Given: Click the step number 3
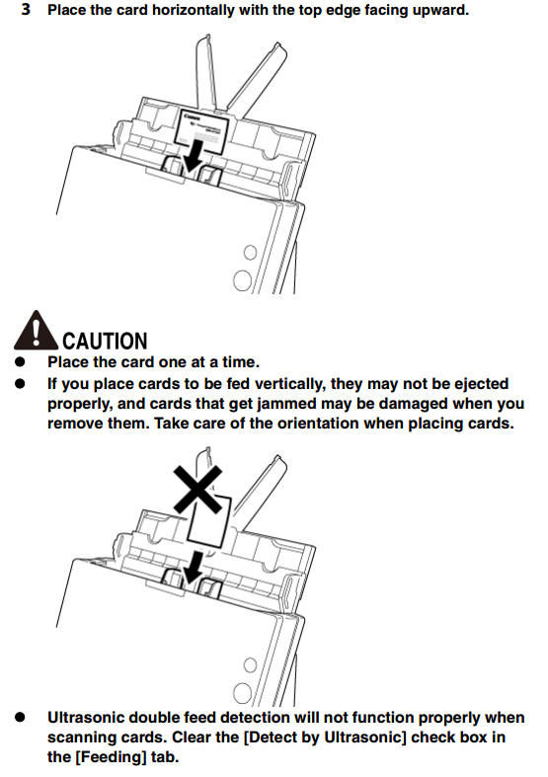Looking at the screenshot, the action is [26, 9].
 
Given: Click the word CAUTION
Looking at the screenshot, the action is [105, 341].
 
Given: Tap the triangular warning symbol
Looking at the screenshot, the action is [36, 331].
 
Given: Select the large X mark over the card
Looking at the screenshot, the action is [197, 489].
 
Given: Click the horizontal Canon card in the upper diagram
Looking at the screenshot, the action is [201, 131].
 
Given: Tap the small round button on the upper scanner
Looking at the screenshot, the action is [250, 252].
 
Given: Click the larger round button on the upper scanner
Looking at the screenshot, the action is [242, 280].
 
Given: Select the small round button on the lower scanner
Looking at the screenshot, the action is [250, 664].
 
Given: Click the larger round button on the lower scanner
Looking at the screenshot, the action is [242, 693].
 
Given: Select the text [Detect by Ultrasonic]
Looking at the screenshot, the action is [325, 738].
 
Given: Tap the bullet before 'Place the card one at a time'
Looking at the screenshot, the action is [20, 361].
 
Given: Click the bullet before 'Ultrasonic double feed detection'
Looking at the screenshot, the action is [20, 717].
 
